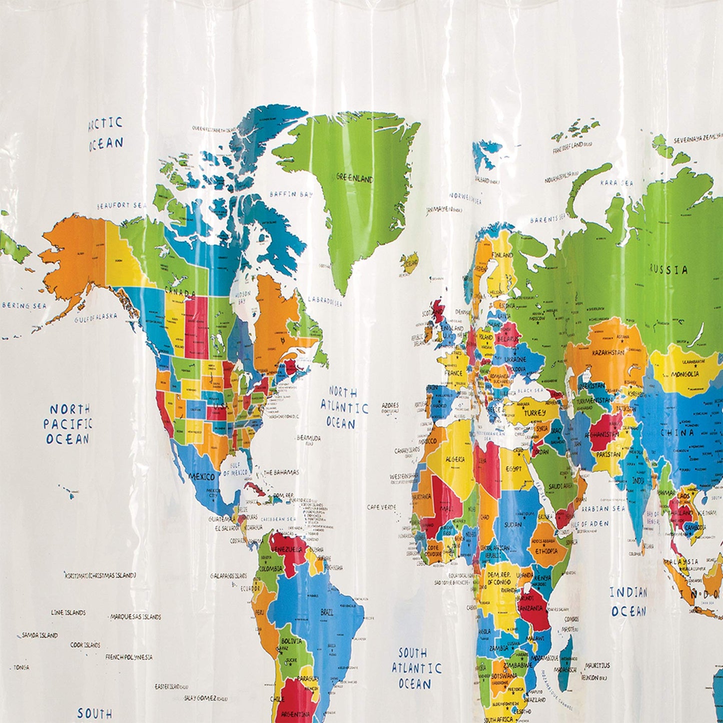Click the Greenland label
pyautogui.click(x=354, y=178)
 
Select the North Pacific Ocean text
pyautogui.click(x=67, y=424)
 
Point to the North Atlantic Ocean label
pyautogui.click(x=344, y=407)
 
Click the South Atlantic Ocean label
pyautogui.click(x=416, y=668)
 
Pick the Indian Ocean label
pyautogui.click(x=629, y=602)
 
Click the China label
pyautogui.click(x=677, y=433)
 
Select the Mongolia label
pyautogui.click(x=685, y=374)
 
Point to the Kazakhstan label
pyautogui.click(x=608, y=353)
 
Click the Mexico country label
pyautogui.click(x=201, y=477)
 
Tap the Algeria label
pyautogui.click(x=455, y=459)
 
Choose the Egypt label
pyautogui.click(x=513, y=469)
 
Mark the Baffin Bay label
pyautogui.click(x=290, y=194)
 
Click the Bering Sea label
pyautogui.click(x=24, y=306)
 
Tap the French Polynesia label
pyautogui.click(x=129, y=657)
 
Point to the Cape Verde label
pyautogui.click(x=381, y=507)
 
